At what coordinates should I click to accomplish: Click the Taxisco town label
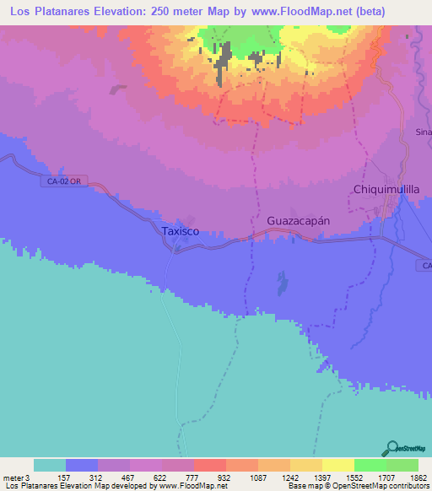coord(181,229)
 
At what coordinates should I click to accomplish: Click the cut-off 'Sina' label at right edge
coord(424,132)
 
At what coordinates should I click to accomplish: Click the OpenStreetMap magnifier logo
coord(391,448)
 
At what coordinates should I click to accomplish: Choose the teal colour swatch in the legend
coord(50,465)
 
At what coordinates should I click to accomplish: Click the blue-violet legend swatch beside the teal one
coord(82,465)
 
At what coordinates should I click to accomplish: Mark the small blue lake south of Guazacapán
coord(279,280)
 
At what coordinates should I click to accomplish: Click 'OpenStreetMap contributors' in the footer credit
coord(383,486)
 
